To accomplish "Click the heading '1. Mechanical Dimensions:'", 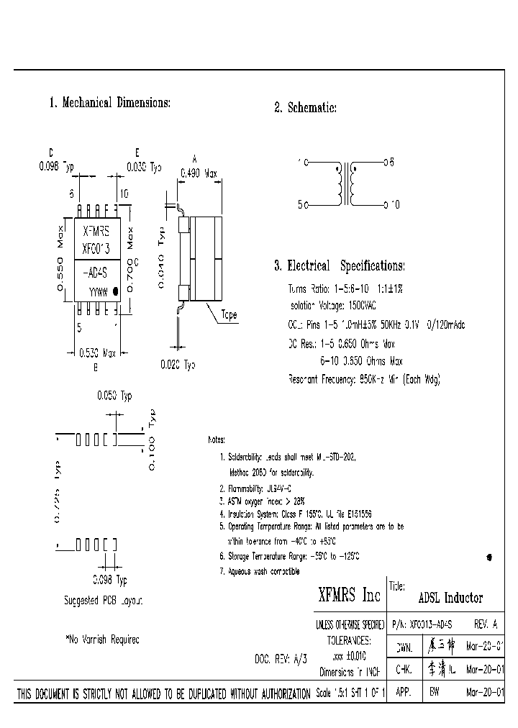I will point(109,103).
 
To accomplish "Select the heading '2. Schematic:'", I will point(305,108).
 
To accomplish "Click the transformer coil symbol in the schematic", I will point(346,184).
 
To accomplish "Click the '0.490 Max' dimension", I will point(199,173).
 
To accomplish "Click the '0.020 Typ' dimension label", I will point(177,365).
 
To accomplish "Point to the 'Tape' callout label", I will point(229,315).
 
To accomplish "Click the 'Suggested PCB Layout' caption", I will point(104,599).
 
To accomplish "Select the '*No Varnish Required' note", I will point(102,639).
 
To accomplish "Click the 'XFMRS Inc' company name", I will point(349,596).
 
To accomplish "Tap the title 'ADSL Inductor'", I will point(450,598).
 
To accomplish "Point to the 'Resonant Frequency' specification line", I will point(363,378).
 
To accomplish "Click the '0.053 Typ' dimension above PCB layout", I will point(114,395).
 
